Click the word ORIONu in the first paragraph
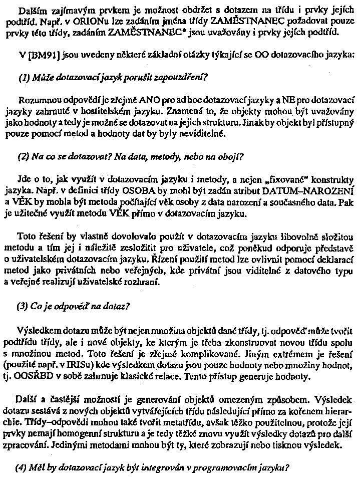click(75, 23)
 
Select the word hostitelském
click(106, 110)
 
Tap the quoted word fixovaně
click(282, 177)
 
